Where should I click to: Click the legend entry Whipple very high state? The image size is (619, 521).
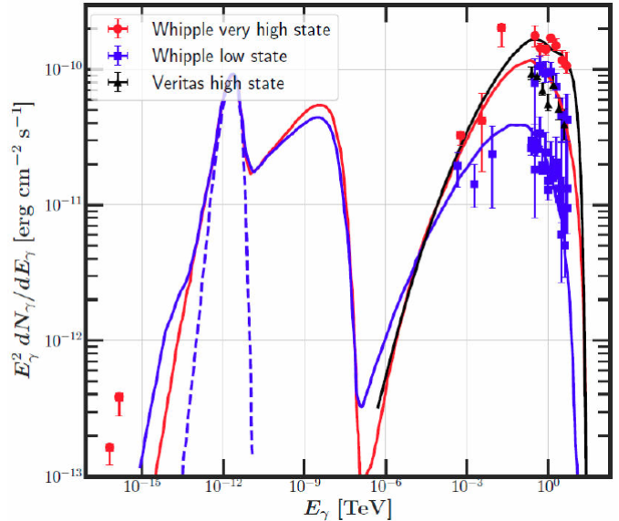[242, 31]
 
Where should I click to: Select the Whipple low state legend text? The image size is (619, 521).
[222, 57]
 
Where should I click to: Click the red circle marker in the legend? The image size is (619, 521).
[119, 31]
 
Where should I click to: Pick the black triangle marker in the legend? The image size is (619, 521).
[119, 83]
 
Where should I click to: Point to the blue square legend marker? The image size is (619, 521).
[119, 57]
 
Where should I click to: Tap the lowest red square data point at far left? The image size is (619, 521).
[109, 447]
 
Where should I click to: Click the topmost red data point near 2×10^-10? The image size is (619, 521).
[501, 28]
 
